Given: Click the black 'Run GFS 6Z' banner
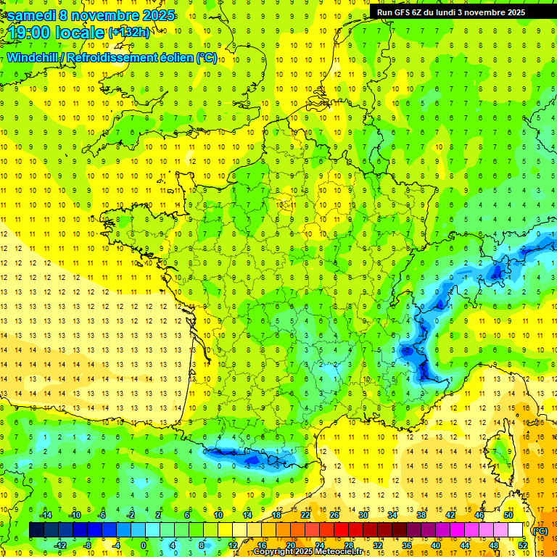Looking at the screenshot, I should [457, 12].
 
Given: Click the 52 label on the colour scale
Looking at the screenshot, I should [522, 545].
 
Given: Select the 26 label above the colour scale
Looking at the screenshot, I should [334, 515].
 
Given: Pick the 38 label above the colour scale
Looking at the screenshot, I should [421, 515].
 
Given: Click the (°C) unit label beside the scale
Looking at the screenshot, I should [540, 530].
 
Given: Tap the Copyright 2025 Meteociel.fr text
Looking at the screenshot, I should [308, 552].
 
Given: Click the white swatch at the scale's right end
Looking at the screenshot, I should [515, 530].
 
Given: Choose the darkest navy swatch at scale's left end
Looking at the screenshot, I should [36, 530].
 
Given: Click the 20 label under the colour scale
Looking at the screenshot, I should [290, 545].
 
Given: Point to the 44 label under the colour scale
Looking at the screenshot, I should [464, 545].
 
